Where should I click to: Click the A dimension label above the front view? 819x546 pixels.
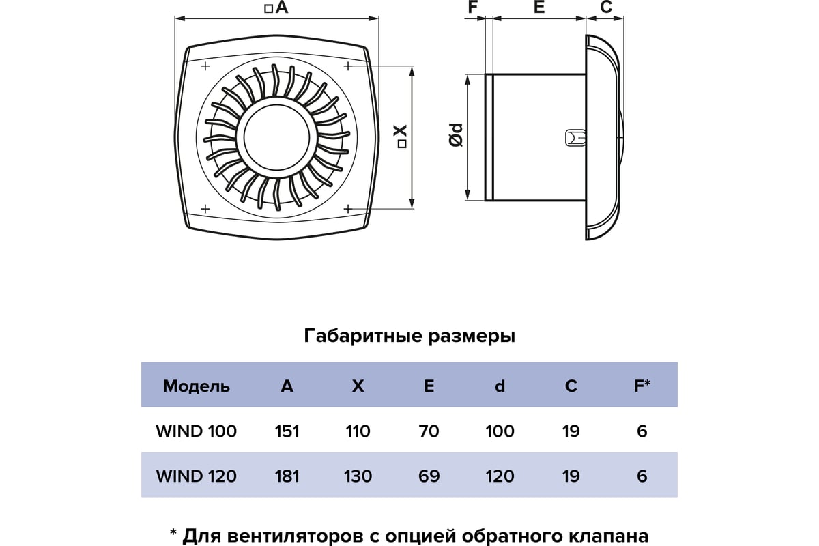point(277,7)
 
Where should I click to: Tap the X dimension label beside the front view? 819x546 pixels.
point(401,136)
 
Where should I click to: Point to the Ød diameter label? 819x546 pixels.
point(456,135)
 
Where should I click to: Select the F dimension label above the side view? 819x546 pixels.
point(473,7)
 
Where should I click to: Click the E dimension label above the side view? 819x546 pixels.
point(539,7)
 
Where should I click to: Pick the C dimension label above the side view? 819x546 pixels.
point(606,7)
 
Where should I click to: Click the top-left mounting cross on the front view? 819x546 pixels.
point(205,66)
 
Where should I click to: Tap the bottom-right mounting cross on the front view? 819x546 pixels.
point(347,209)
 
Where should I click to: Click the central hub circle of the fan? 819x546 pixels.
point(276,139)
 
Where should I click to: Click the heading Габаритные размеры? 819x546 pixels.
point(409,336)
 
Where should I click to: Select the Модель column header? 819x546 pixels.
point(197,386)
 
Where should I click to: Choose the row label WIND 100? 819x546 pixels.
point(197,431)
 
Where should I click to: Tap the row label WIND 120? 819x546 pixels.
point(197,476)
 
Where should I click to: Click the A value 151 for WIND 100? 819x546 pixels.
point(287,431)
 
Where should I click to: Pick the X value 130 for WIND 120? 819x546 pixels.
point(358,476)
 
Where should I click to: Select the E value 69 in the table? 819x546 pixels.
point(429,476)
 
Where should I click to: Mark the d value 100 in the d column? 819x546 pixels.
point(500,431)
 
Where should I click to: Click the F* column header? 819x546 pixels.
point(642,386)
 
